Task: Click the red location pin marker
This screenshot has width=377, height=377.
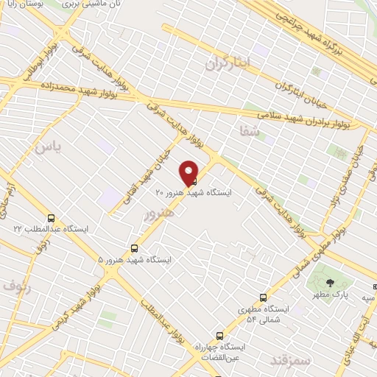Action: [188, 173]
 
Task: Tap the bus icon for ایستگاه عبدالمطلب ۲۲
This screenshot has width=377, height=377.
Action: [51, 218]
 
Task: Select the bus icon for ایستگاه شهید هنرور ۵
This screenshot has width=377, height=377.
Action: [134, 248]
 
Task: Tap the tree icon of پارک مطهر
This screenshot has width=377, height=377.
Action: [329, 283]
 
